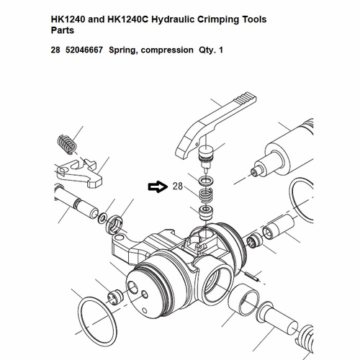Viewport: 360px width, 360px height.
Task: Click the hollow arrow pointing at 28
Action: coord(156,187)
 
